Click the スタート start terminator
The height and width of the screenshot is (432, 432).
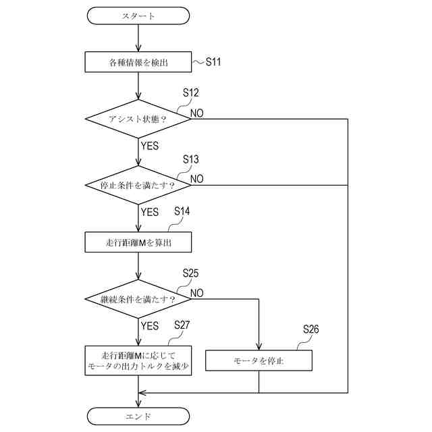click(x=138, y=16)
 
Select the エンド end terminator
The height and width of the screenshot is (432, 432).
click(x=138, y=416)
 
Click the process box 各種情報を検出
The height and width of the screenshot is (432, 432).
click(x=138, y=62)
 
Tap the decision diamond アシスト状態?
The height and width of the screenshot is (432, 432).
click(x=138, y=119)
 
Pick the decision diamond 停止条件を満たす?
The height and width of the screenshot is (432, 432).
click(x=138, y=185)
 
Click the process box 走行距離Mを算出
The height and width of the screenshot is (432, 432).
click(x=138, y=242)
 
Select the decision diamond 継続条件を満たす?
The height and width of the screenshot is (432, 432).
click(x=138, y=299)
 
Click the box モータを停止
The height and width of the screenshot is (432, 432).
click(x=259, y=360)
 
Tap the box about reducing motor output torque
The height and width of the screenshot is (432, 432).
click(x=138, y=360)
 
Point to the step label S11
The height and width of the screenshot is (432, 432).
click(x=213, y=61)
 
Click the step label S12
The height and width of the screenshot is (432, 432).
click(x=190, y=92)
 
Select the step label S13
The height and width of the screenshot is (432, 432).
click(x=190, y=159)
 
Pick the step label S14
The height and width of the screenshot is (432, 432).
click(x=182, y=211)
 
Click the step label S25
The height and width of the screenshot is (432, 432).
click(x=190, y=273)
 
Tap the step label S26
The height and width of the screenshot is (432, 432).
click(x=310, y=329)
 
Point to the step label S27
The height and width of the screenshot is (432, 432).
click(x=182, y=325)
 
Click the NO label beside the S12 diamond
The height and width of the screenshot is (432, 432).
click(x=197, y=113)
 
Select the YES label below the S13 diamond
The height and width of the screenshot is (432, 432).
click(x=150, y=212)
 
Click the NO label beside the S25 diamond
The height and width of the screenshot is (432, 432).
click(x=197, y=293)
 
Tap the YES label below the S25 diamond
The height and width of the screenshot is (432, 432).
click(x=150, y=326)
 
